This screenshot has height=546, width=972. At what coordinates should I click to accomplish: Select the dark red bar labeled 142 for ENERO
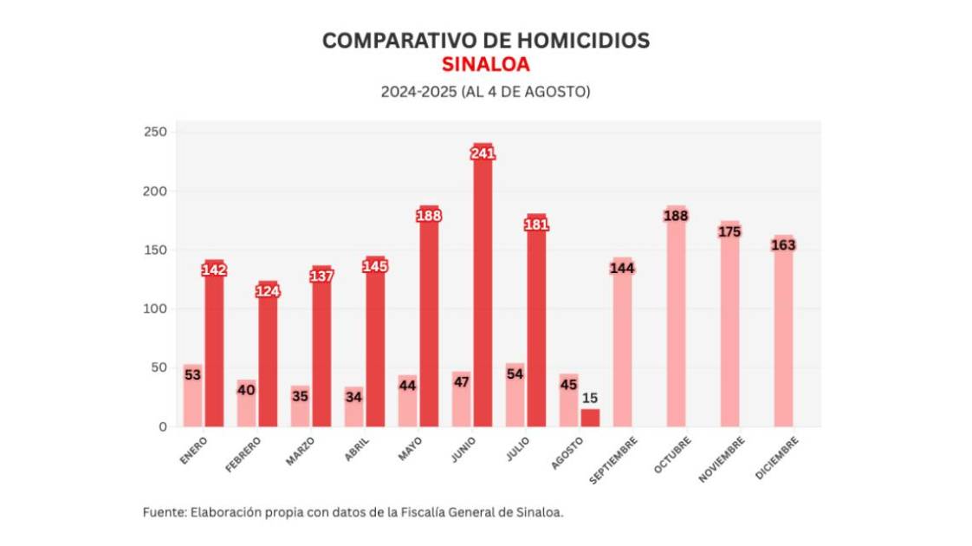coord(214,347)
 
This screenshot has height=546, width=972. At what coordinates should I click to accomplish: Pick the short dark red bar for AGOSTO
coord(590,418)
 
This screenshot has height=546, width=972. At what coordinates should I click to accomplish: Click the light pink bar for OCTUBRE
coord(676,321)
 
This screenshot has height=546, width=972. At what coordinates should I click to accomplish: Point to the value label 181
coord(536,224)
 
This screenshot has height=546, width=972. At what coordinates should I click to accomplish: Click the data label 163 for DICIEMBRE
coord(783,245)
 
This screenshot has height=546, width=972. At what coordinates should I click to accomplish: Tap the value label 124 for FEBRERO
coord(268,291)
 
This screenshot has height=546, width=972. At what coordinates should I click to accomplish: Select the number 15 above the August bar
coord(590,398)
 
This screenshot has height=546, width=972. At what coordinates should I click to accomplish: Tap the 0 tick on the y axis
coord(162,426)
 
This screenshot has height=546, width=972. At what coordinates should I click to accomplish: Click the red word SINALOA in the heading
coord(485,64)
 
